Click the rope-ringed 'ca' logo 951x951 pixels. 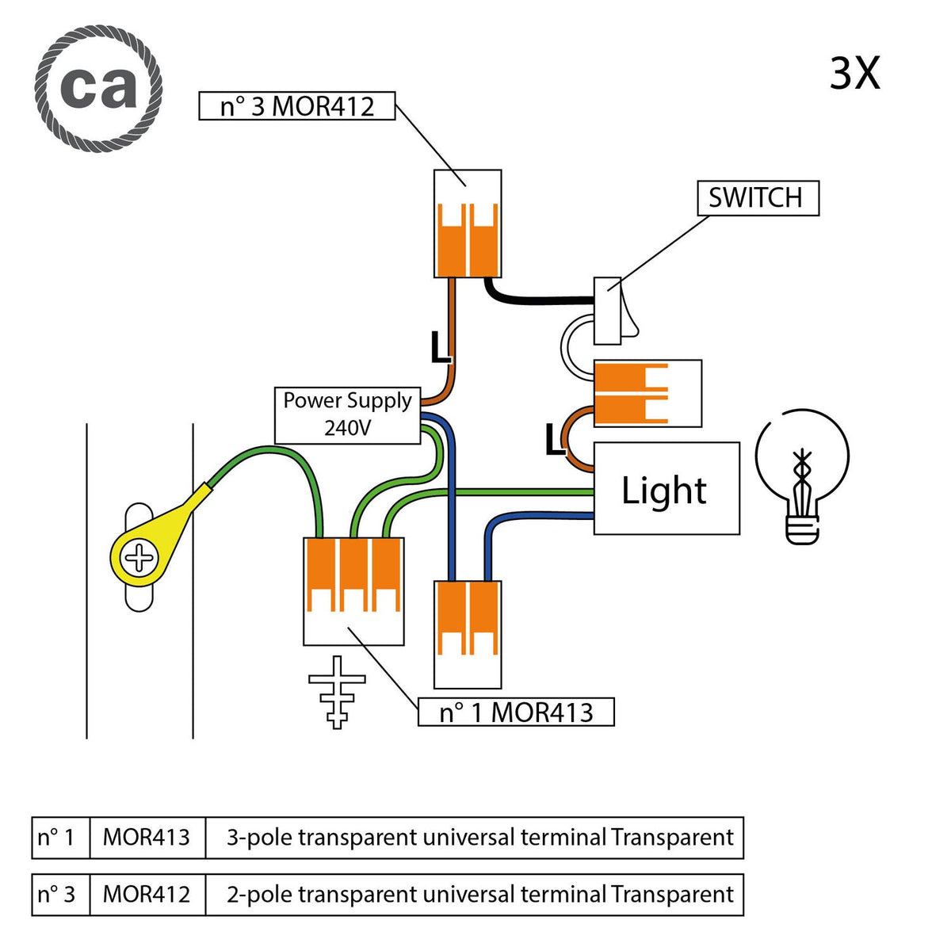(x=98, y=88)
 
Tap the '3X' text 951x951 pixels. (x=854, y=74)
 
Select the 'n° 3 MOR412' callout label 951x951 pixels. (x=296, y=105)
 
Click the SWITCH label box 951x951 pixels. (x=758, y=198)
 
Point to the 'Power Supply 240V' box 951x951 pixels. (x=347, y=415)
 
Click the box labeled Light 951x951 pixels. (x=666, y=488)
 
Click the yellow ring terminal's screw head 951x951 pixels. (x=139, y=558)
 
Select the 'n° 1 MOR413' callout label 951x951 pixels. (x=516, y=712)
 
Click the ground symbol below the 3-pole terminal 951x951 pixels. (x=337, y=692)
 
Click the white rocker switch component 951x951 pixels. (x=615, y=311)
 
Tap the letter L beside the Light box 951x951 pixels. (x=556, y=440)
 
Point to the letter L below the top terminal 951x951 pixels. (x=440, y=347)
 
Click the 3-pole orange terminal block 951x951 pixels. (x=353, y=591)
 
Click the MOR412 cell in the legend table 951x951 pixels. (x=147, y=894)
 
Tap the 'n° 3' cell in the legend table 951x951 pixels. (x=60, y=894)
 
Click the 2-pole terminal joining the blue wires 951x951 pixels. (x=468, y=635)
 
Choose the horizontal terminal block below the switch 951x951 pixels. (x=647, y=393)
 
